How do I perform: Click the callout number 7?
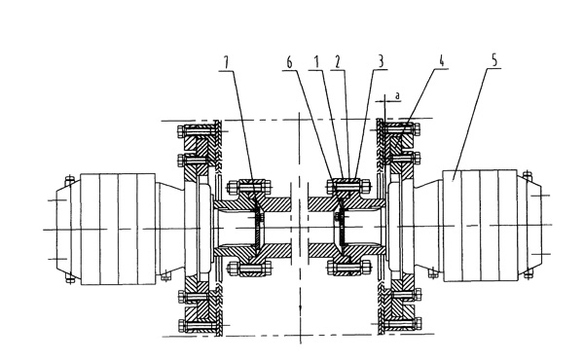[x=226, y=62]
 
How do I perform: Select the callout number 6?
[x=289, y=62]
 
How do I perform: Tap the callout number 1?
[x=317, y=62]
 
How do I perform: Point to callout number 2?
[x=338, y=62]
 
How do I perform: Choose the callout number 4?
[x=441, y=60]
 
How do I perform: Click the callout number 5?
[x=494, y=60]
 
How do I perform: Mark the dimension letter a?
[x=397, y=95]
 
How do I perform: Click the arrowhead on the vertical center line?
[x=300, y=306]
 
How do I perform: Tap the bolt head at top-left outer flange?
[x=181, y=131]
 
